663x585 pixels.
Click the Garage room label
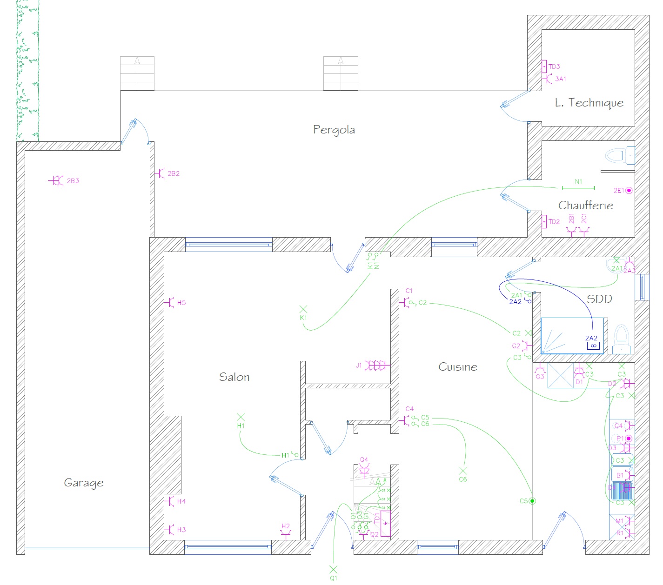84,483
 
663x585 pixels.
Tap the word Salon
234,377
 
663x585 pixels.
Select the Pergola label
334,129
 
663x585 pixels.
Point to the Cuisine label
458,367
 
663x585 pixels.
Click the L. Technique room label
589,103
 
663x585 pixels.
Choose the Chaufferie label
585,206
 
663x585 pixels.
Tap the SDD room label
599,299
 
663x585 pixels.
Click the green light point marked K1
303,309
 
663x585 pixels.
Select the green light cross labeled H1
241,417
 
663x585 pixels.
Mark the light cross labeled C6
463,471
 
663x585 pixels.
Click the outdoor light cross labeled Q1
333,569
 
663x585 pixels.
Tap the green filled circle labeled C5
533,501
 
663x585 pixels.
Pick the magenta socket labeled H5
169,303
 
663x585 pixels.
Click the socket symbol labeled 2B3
57,181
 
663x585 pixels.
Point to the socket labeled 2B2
161,173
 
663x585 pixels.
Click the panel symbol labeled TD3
544,66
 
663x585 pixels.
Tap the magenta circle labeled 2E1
629,190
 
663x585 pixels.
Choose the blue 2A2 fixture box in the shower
593,346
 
